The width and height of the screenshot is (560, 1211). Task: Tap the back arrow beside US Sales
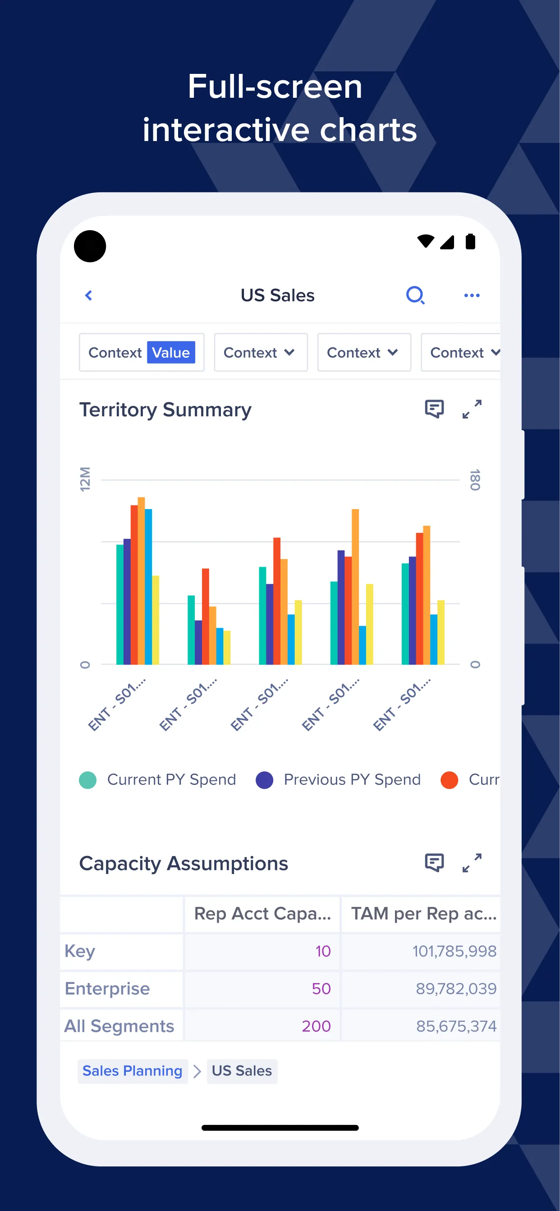[88, 295]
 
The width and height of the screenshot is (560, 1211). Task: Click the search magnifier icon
[415, 295]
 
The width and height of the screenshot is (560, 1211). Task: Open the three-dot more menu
[472, 295]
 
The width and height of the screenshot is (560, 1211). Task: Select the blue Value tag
[171, 353]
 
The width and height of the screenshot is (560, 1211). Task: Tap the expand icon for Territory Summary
[472, 409]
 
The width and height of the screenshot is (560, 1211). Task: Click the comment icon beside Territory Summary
[434, 409]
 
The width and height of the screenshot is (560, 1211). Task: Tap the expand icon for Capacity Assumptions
[472, 863]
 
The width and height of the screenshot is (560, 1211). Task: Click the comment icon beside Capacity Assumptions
[434, 863]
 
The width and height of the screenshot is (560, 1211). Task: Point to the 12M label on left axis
[85, 479]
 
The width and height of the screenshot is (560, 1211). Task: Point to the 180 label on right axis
[475, 479]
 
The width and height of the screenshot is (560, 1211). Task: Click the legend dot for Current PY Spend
[88, 780]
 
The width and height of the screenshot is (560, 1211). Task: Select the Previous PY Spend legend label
[352, 780]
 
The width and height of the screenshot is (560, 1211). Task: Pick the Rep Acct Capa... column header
[262, 913]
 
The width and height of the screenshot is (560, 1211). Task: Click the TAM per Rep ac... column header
[423, 913]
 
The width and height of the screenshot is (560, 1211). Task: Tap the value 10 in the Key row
[323, 951]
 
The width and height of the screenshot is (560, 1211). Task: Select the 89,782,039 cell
[455, 988]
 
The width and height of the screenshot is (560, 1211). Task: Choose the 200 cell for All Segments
[316, 1026]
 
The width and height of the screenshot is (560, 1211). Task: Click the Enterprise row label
[107, 988]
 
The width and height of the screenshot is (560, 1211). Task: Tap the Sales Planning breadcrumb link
[132, 1071]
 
